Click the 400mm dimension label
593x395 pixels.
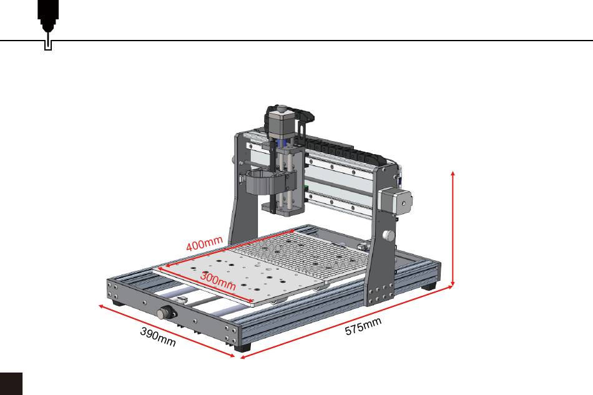point(204,244)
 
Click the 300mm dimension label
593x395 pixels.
point(218,281)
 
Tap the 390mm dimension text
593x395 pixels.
point(158,337)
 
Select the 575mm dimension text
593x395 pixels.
point(363,326)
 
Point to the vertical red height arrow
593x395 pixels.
point(453,228)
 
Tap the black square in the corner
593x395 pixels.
point(11,384)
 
